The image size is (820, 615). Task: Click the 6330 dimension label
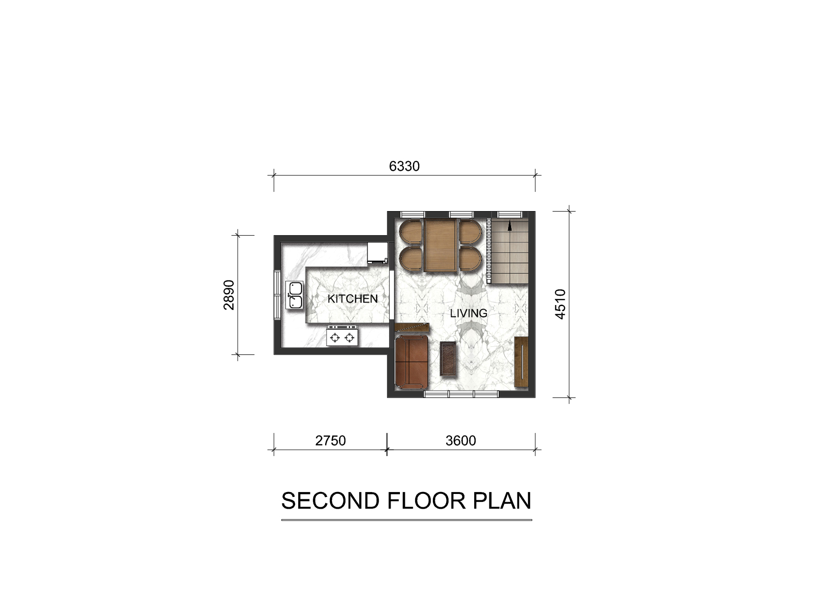404,166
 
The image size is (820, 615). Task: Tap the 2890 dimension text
229,295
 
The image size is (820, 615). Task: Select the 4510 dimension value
560,304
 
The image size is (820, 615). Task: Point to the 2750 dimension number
330,441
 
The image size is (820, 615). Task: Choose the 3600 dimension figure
460,441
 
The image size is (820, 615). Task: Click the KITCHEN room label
353,299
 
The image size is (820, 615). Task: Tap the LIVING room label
468,313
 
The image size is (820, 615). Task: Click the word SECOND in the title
330,501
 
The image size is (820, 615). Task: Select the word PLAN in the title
502,501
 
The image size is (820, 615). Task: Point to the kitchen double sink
295,295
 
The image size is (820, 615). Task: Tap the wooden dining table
440,245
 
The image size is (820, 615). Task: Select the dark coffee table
448,358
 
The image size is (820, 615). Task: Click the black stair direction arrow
510,226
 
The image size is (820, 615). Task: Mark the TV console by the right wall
521,362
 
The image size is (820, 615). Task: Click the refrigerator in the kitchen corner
377,253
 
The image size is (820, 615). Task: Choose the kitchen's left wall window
277,295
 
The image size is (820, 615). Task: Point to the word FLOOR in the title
426,501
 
